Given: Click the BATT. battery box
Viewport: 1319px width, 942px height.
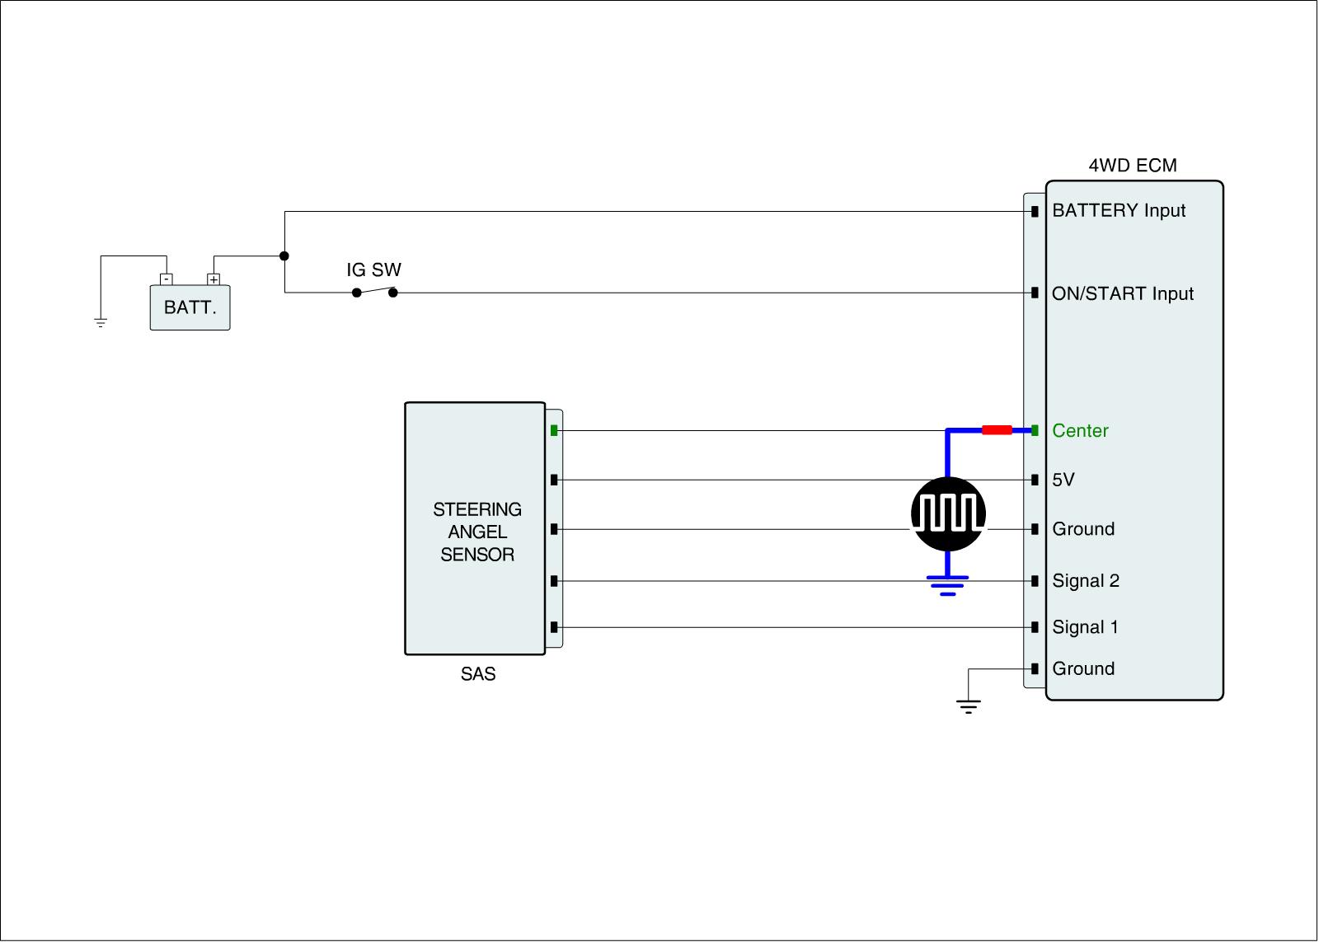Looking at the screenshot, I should (190, 307).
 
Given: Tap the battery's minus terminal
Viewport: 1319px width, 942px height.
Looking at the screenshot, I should (166, 279).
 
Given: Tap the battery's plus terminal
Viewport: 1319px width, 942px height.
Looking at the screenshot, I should (214, 279).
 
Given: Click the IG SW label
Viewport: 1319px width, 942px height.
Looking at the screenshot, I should (373, 270).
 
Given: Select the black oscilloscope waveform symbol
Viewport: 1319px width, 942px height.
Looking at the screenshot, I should (948, 513).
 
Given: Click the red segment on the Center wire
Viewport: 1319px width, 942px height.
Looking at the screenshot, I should (997, 430).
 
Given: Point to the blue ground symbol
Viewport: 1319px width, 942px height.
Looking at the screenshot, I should (948, 584).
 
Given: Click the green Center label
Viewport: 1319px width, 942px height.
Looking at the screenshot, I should (1080, 431).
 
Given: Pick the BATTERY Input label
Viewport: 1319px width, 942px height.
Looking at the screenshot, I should (1119, 211).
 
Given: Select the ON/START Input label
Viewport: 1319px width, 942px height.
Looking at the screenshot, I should (1122, 294).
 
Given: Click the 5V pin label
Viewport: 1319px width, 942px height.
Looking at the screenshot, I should (1063, 480).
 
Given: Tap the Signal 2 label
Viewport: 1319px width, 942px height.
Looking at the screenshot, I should (1086, 581).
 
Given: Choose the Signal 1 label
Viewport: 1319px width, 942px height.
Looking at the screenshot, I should (1085, 628).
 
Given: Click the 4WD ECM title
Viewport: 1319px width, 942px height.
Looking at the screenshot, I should (1133, 166).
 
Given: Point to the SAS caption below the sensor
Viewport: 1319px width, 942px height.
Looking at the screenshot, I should (478, 675).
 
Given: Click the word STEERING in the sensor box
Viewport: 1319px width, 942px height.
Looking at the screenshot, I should (477, 509).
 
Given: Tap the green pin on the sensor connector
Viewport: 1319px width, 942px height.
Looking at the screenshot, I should (554, 430).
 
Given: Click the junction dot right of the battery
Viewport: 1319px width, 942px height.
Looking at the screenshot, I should (284, 256).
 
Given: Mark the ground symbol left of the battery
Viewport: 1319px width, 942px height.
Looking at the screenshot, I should (101, 322).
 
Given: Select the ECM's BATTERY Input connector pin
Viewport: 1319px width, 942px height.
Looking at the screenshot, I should (1035, 213).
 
